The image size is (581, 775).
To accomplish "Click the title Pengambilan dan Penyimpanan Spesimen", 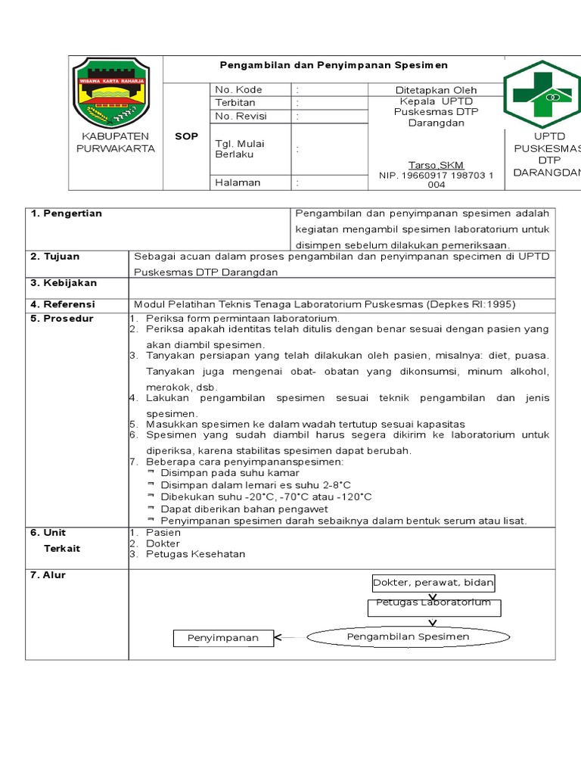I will (334, 66).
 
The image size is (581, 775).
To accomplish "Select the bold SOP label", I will (186, 136).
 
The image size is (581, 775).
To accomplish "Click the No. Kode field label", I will (238, 90).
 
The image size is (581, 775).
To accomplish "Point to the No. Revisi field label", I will (241, 116).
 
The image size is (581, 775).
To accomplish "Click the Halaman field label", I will (238, 182).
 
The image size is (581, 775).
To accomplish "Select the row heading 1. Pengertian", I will (67, 213).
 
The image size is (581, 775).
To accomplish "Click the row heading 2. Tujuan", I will (54, 257).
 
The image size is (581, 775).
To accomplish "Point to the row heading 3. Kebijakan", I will (64, 283).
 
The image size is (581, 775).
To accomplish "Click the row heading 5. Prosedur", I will (62, 319).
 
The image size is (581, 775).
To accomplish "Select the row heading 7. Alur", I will (48, 575).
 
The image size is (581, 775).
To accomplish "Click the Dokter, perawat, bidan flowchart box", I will (433, 582).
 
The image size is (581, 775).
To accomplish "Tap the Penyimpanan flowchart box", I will (222, 638).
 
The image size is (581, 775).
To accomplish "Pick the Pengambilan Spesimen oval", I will (408, 636).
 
